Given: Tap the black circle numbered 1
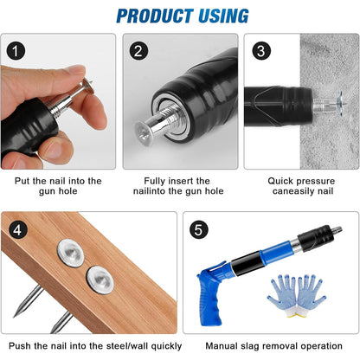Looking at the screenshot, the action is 16,51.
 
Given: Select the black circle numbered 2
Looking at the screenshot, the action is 138,51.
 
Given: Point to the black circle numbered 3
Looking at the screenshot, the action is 261,51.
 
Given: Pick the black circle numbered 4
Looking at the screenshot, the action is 18,230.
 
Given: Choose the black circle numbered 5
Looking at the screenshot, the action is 198,229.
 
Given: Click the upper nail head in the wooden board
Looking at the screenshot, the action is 70,253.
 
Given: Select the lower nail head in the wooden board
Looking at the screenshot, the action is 100,280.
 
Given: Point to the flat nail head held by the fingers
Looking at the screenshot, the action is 88,85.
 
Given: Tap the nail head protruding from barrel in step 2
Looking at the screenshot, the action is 144,133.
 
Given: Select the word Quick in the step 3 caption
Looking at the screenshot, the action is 279,181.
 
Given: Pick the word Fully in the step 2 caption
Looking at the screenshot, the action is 155,182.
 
